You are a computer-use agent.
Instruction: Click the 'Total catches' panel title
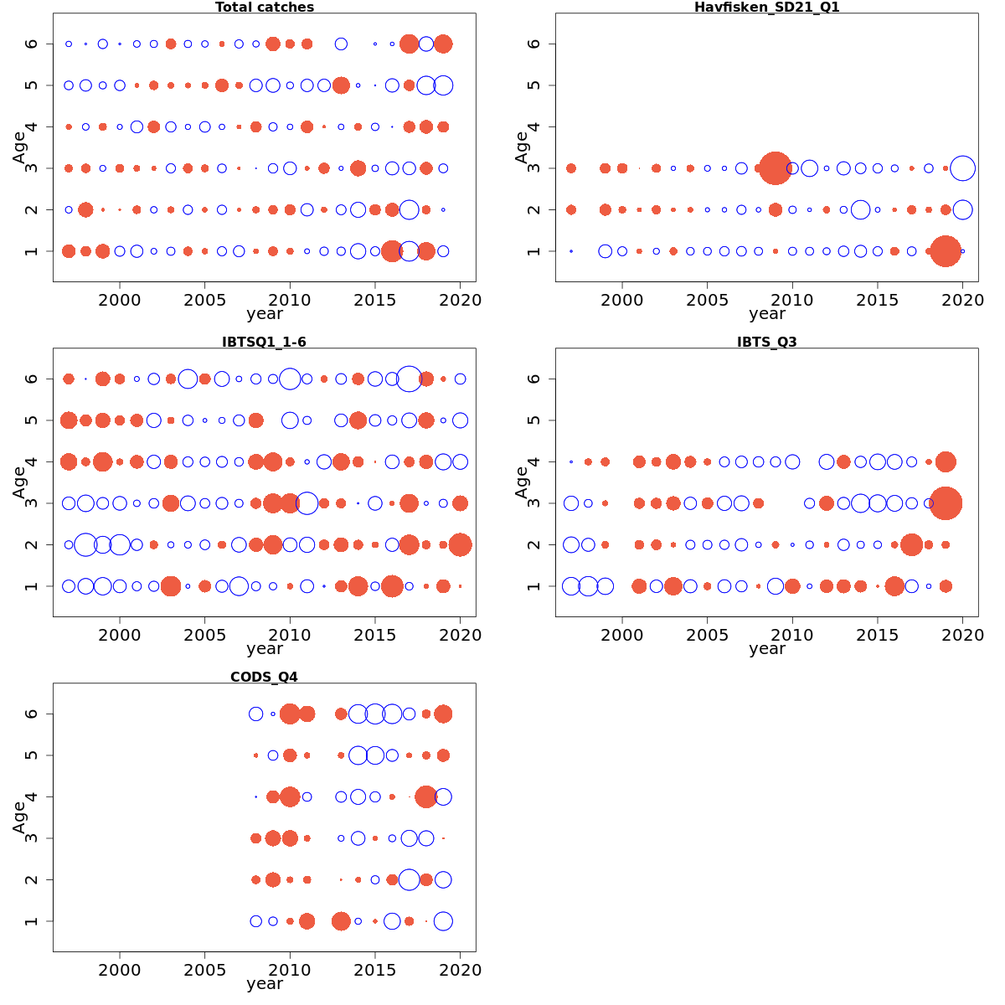(x=265, y=8)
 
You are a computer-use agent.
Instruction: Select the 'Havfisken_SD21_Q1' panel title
(x=766, y=8)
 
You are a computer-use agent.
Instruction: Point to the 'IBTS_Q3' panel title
(x=766, y=342)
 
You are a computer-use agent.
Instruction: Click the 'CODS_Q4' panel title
(x=264, y=677)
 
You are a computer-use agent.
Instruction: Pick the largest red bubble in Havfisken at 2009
(x=776, y=168)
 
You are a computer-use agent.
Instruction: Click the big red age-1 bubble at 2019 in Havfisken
(x=946, y=251)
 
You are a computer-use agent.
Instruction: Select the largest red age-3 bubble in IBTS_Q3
(x=946, y=503)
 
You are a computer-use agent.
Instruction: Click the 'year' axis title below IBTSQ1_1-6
(x=265, y=649)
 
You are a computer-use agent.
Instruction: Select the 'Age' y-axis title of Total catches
(x=18, y=147)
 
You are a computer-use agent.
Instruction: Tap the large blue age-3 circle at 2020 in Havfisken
(x=962, y=168)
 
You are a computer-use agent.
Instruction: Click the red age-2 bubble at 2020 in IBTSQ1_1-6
(x=460, y=545)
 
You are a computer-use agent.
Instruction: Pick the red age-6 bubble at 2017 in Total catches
(x=409, y=44)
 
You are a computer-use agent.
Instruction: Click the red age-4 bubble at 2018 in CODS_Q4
(x=425, y=796)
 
